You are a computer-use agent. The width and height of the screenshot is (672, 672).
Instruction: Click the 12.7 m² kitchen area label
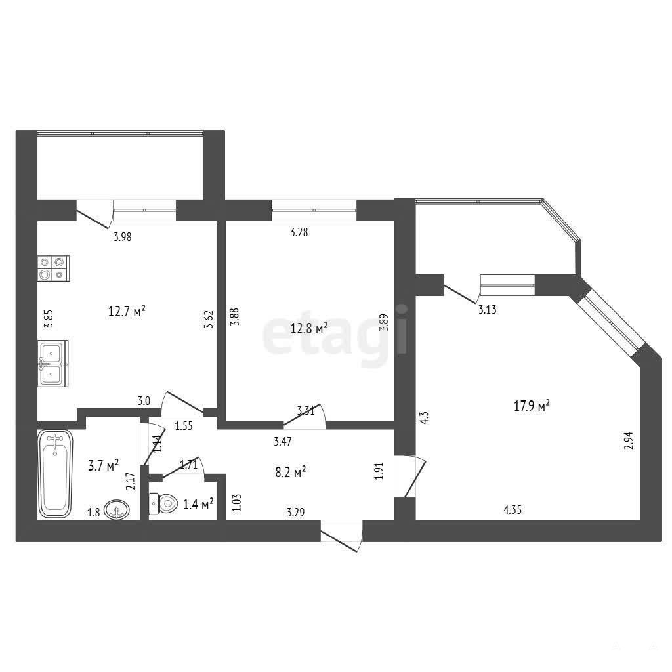point(127,310)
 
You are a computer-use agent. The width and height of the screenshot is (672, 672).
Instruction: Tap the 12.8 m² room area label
point(309,329)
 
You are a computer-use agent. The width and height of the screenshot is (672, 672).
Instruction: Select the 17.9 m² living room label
point(532,406)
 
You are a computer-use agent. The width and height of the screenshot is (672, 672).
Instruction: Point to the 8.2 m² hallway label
point(290,472)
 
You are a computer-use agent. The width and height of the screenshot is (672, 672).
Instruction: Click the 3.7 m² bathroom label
point(103,465)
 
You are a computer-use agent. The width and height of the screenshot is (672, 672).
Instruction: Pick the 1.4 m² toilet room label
point(198,504)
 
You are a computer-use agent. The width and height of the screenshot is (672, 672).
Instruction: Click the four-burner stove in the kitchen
point(54,268)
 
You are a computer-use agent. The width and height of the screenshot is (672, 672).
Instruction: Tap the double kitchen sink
point(52,364)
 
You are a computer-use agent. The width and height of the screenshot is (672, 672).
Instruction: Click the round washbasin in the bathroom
point(116,510)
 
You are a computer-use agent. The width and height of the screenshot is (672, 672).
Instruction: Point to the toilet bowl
point(163,503)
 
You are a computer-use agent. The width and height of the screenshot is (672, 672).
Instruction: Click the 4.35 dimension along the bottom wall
point(513,510)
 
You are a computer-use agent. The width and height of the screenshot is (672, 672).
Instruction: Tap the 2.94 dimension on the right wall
point(629,440)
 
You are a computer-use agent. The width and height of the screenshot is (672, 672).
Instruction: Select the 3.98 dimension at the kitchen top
point(123,236)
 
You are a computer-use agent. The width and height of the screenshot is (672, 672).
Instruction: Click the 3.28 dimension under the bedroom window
point(299,233)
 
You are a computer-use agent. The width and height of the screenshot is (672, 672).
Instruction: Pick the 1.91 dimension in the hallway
point(379,471)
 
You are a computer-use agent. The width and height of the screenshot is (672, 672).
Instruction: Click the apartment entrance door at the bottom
point(341,536)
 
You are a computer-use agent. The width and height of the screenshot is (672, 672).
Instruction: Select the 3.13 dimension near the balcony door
point(488,310)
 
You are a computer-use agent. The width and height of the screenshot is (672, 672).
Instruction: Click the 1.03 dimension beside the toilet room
point(237,503)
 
